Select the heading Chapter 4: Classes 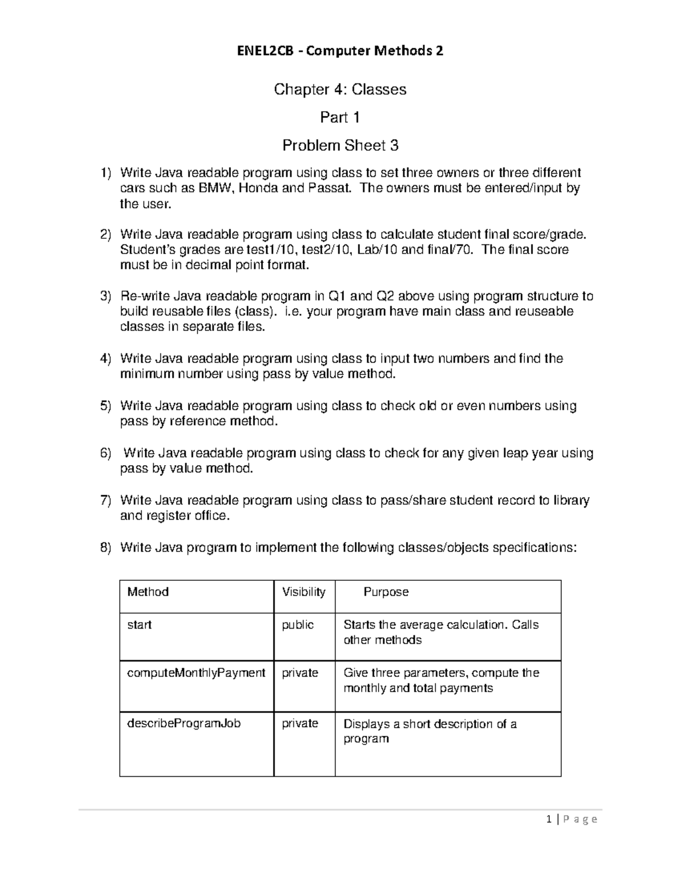340,89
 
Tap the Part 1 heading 340,117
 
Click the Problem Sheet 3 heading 340,146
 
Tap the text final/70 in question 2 452,250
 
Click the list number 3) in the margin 106,296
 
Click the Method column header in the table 148,592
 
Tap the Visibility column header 304,592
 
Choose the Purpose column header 386,592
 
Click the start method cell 139,625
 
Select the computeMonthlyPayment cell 196,673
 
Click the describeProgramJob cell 184,724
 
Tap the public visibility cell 298,625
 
